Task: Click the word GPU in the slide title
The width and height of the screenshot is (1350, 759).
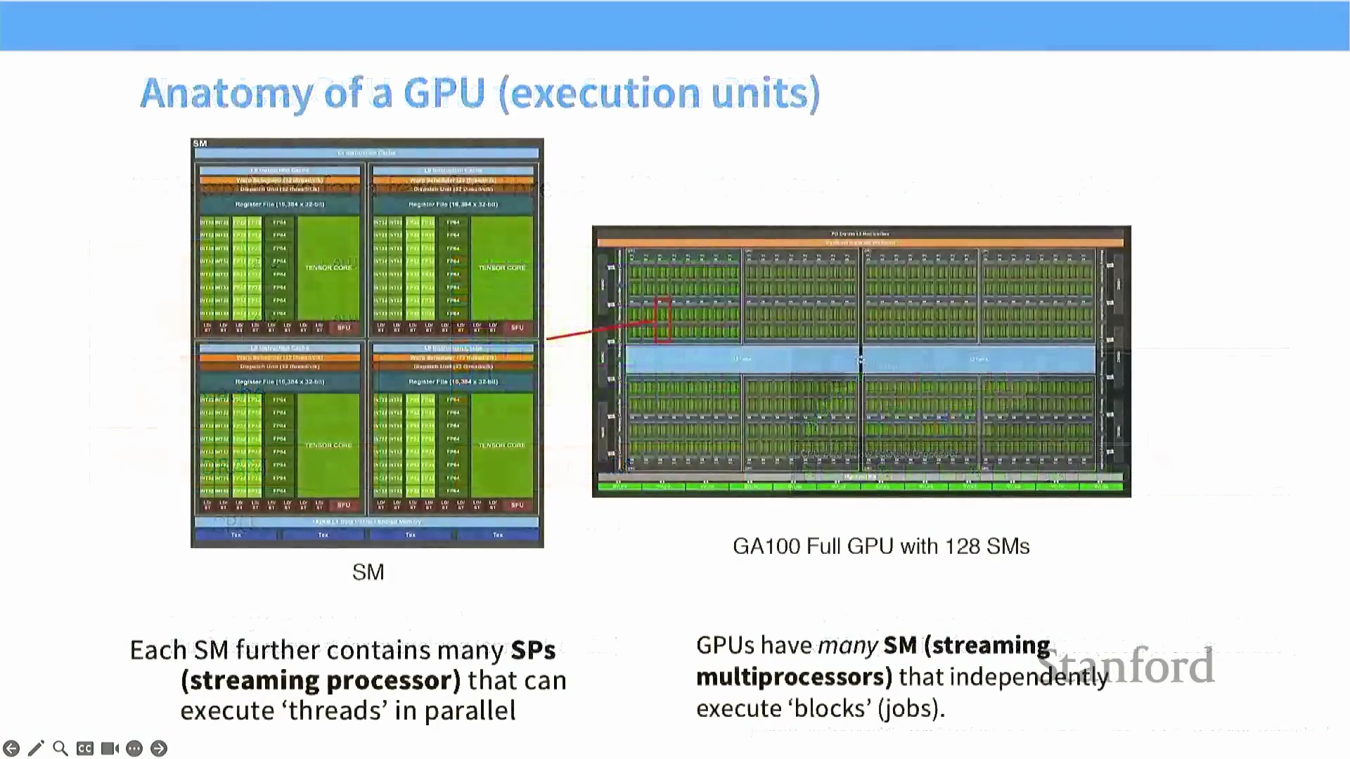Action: click(444, 93)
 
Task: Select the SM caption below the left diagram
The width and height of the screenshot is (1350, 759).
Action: click(368, 572)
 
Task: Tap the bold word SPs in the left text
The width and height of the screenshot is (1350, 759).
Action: click(533, 650)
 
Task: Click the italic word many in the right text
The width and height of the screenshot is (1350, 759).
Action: click(847, 645)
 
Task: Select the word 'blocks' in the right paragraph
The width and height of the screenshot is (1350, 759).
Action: click(832, 708)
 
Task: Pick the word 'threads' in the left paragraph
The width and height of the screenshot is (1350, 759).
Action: click(337, 711)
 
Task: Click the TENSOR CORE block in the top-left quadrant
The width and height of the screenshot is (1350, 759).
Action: click(328, 268)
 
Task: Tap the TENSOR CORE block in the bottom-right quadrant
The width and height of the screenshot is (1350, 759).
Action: click(501, 445)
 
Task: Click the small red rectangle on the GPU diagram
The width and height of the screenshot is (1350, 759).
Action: click(662, 320)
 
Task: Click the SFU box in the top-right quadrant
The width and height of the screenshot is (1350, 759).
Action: click(517, 327)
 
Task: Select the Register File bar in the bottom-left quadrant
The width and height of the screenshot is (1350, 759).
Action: click(280, 382)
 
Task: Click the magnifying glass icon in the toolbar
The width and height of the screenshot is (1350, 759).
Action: click(60, 748)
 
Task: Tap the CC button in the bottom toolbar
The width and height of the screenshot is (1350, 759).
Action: click(85, 748)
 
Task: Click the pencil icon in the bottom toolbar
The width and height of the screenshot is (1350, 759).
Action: click(36, 748)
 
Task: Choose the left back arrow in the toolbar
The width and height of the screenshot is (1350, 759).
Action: click(11, 748)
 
